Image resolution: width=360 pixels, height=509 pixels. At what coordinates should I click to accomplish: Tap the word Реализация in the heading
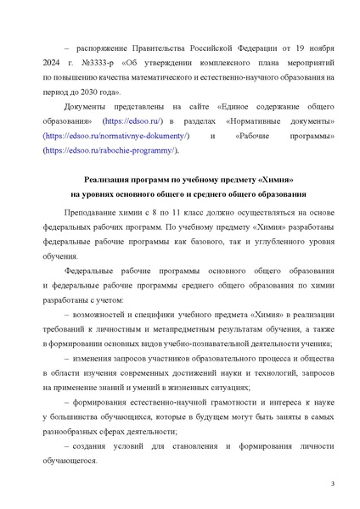click(115, 180)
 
